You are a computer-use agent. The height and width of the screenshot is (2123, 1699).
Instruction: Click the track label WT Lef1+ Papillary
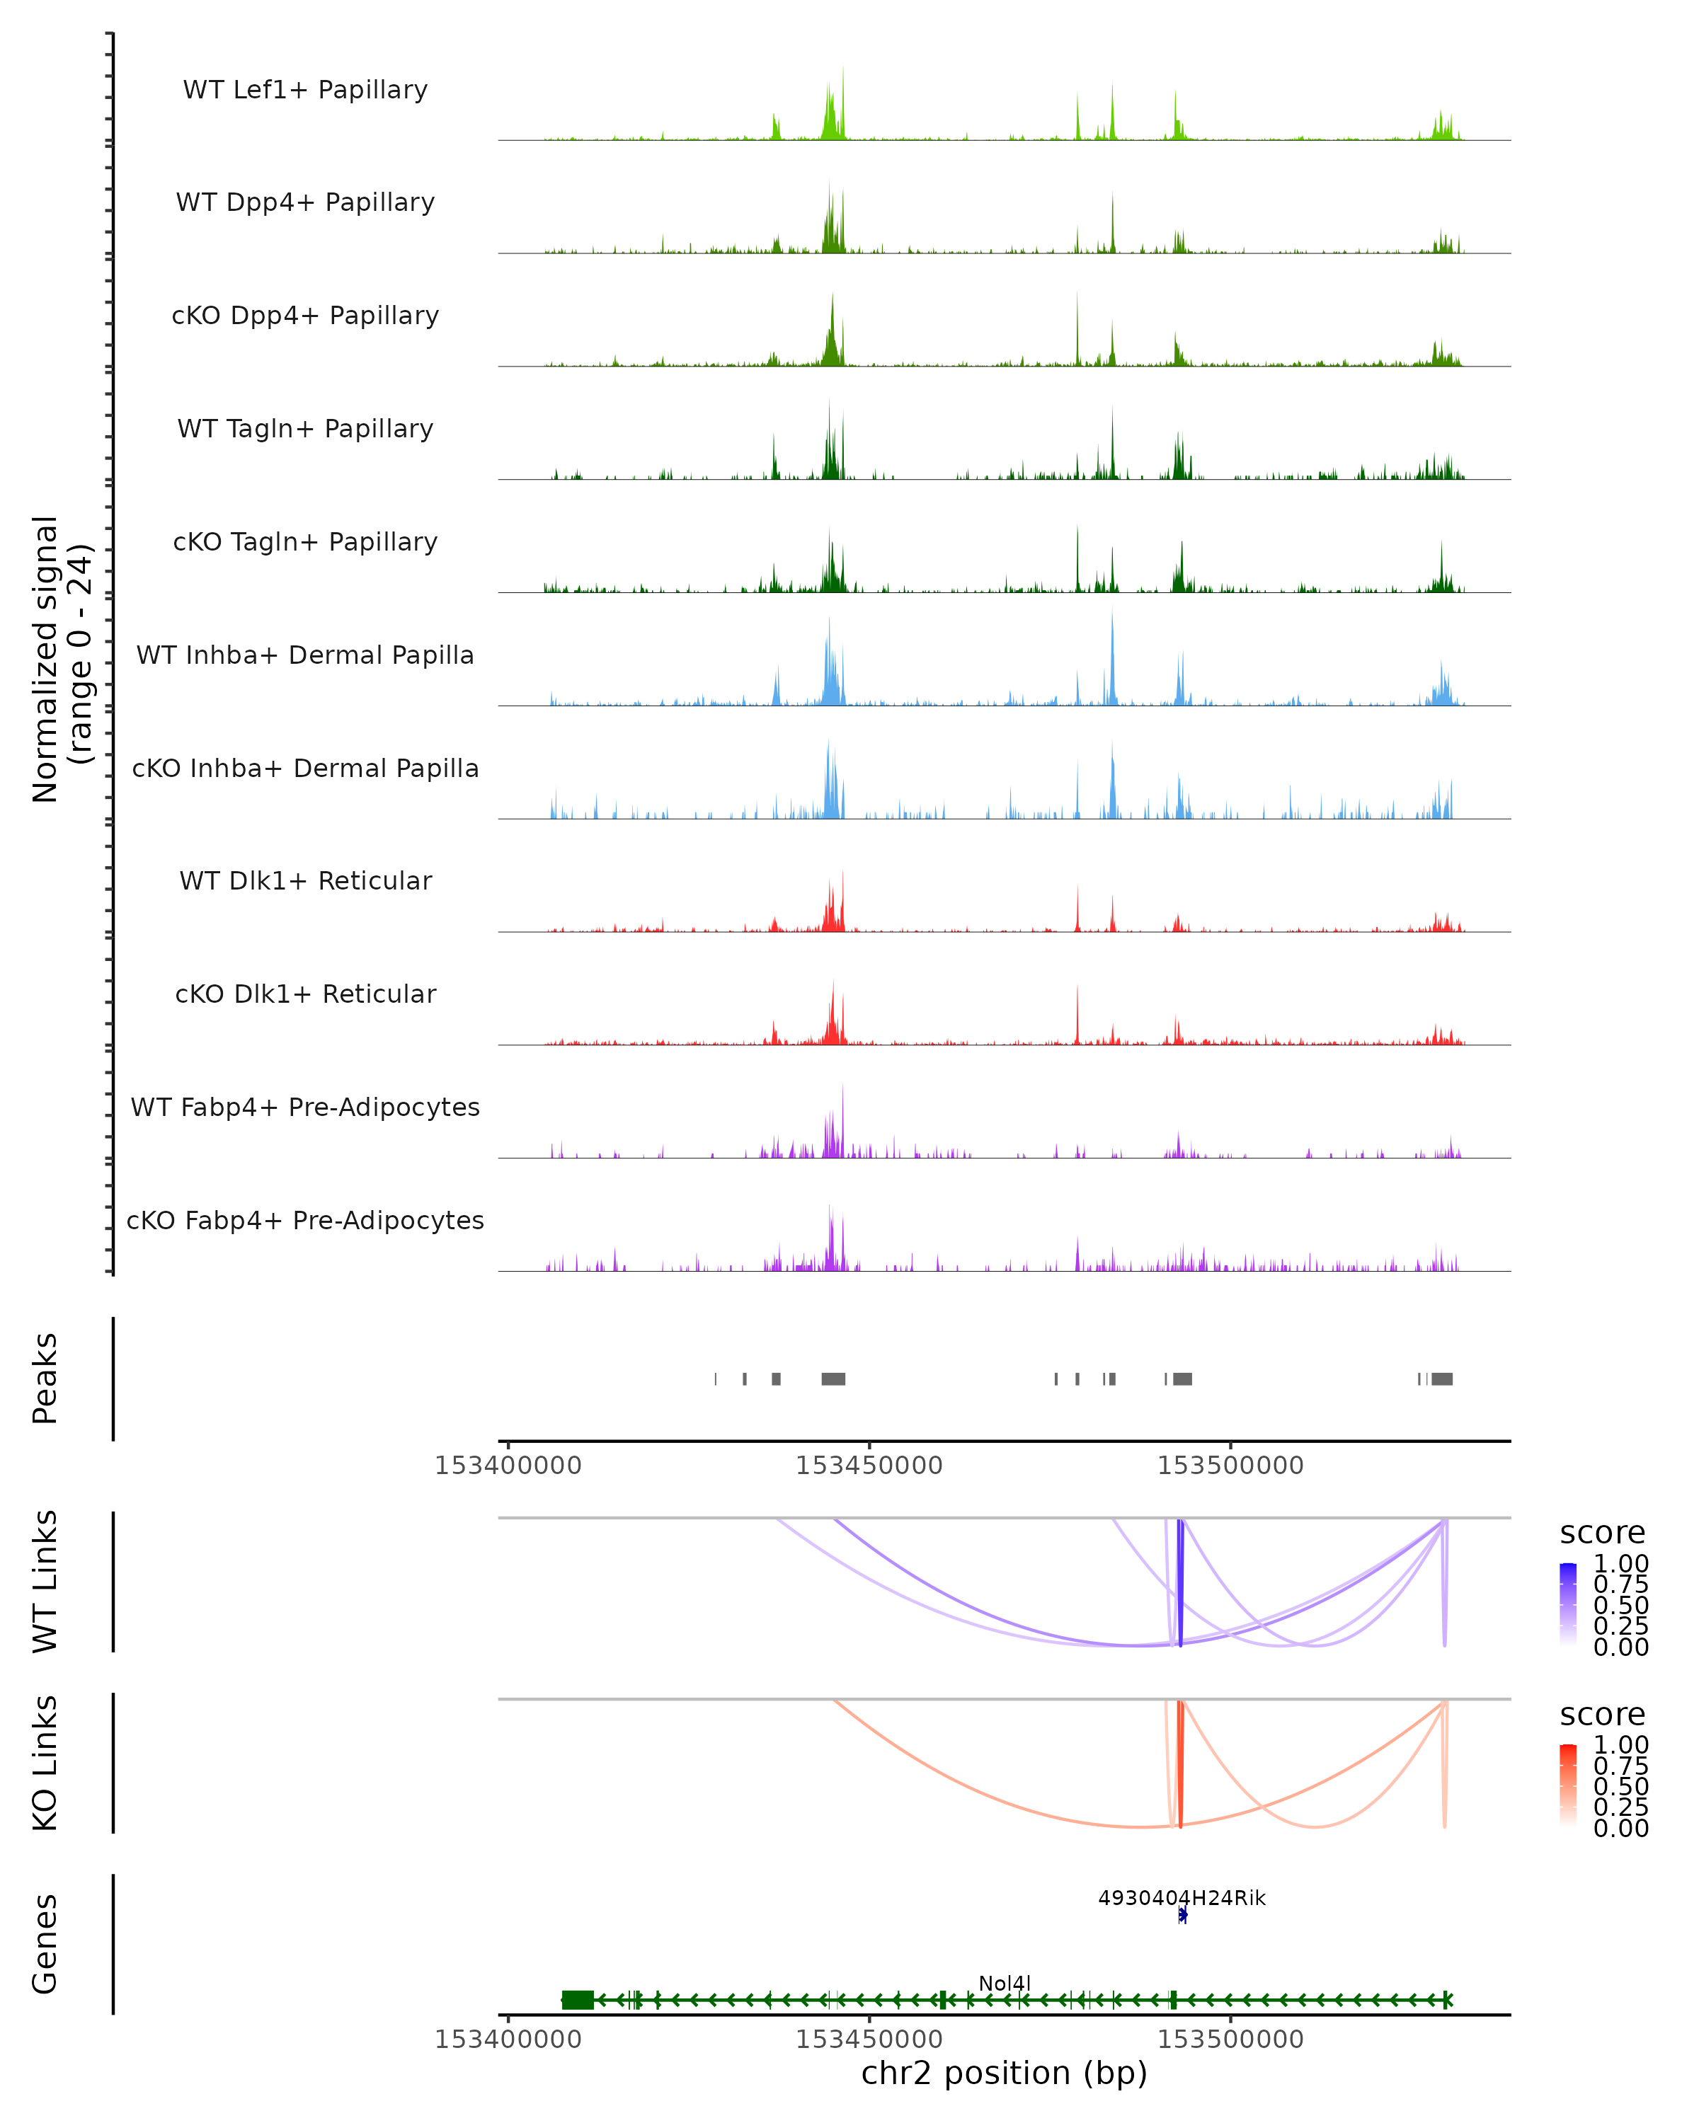pos(305,90)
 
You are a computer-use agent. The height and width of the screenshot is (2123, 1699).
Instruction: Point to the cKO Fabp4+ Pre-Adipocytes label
pos(305,1221)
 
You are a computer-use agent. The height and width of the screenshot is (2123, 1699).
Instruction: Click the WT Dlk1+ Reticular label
pos(305,881)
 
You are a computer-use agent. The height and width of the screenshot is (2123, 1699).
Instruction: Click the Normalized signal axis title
pos(61,659)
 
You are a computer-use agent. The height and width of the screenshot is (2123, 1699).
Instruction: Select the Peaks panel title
pos(45,1379)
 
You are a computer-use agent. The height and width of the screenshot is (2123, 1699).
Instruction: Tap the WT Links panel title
pos(45,1582)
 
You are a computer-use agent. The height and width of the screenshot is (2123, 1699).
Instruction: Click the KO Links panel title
pos(45,1763)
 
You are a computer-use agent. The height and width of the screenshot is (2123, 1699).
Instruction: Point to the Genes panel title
pos(45,1944)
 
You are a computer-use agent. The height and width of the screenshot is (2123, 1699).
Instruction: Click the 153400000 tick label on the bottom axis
pos(508,2039)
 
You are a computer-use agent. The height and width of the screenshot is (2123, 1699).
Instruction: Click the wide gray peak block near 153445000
pos(833,1379)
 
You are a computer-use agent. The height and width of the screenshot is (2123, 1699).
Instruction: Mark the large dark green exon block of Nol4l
pos(578,2000)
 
